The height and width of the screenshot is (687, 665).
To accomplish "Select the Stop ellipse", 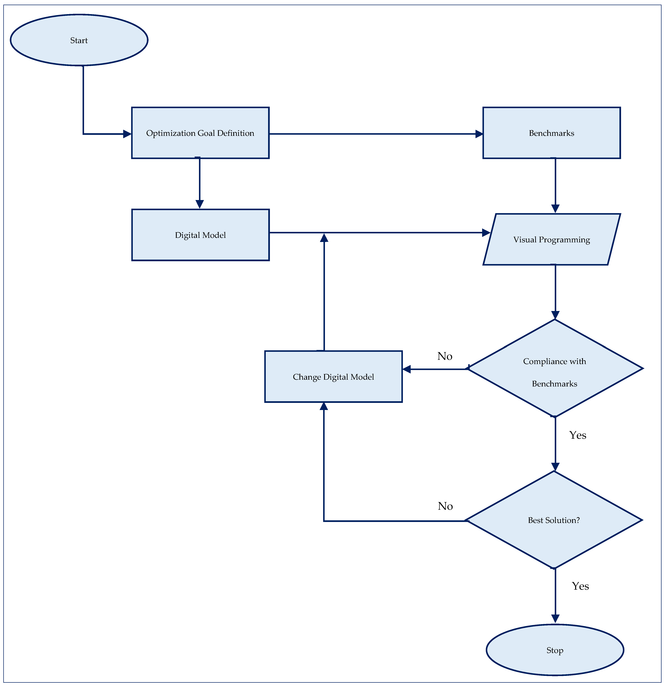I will coord(555,650).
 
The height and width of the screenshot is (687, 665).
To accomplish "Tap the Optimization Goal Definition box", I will coord(200,133).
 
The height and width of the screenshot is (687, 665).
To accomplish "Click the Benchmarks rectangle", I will coord(551,133).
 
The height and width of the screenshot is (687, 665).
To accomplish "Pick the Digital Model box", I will coord(200,235).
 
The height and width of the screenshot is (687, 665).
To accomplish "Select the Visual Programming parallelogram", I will coord(551,239).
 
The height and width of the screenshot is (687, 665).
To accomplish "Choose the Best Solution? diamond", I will coord(554,520).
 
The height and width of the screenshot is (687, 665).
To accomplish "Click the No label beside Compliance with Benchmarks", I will coord(445,356).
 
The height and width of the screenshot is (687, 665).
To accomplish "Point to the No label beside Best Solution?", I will coord(445,506).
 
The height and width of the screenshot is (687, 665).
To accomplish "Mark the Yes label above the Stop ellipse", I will coord(580,586).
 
